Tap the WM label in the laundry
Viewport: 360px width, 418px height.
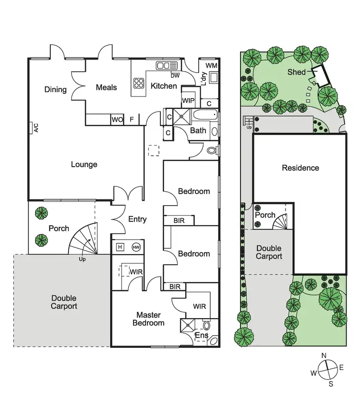[211, 65]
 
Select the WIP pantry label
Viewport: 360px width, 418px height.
[188, 101]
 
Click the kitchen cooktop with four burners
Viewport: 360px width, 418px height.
[139, 83]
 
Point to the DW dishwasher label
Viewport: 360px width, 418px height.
[175, 75]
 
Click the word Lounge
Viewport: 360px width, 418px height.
[84, 164]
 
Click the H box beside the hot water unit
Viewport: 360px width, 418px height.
[120, 247]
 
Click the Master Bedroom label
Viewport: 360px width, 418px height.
[148, 319]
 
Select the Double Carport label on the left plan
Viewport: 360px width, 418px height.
[64, 302]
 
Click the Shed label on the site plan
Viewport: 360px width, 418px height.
[297, 72]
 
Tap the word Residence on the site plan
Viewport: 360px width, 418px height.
[300, 168]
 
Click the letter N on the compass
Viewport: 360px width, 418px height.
[324, 356]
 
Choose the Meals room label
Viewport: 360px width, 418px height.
[106, 87]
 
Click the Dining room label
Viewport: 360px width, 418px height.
[55, 89]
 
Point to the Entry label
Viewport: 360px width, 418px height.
[137, 219]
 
